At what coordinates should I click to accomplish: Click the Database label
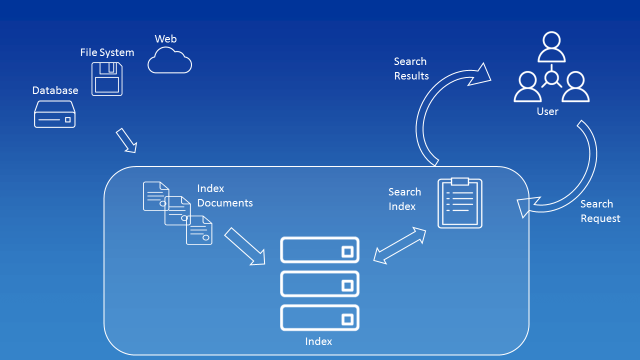[55, 90]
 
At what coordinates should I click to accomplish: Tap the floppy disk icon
[107, 79]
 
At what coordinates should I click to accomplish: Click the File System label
[107, 52]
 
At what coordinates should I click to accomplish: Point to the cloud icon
[169, 61]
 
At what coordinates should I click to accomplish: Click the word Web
[165, 39]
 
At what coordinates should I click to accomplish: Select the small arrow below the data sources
[126, 140]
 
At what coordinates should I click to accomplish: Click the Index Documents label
[224, 195]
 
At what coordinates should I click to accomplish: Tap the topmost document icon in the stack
[155, 195]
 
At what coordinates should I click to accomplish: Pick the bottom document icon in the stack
[199, 230]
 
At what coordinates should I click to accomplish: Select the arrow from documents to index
[244, 246]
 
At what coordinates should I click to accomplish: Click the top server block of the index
[320, 250]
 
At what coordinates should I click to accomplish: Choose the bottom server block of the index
[320, 318]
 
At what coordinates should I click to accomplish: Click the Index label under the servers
[318, 341]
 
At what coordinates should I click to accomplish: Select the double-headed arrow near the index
[399, 245]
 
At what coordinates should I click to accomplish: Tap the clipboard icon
[460, 203]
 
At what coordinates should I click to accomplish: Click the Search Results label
[411, 68]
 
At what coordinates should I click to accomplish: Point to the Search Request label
[599, 211]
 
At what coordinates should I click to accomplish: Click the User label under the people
[547, 111]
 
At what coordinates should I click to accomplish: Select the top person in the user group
[551, 47]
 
